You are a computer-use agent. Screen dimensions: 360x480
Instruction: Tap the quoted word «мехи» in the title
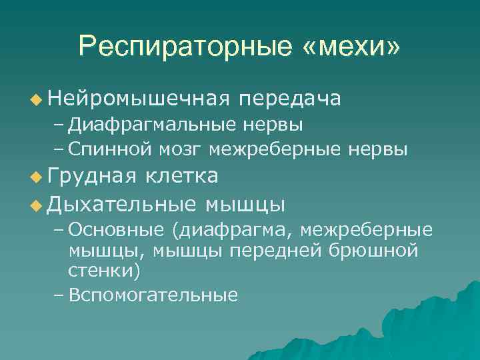[352, 46]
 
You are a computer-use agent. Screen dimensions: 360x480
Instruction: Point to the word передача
[291, 99]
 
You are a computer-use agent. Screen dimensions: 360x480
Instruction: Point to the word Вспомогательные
[153, 295]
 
